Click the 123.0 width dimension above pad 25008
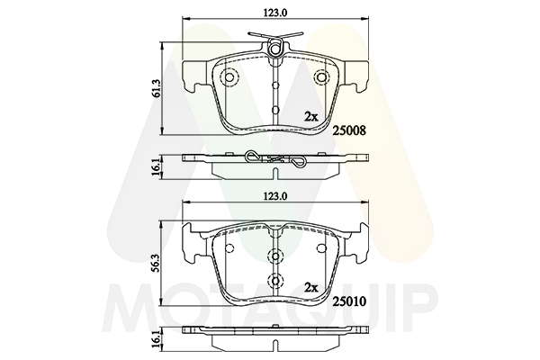(x=275, y=13)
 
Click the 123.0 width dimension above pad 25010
(x=275, y=196)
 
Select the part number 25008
(x=349, y=130)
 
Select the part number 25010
(x=349, y=301)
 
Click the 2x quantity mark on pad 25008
(x=311, y=117)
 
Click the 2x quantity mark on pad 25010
(x=311, y=288)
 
